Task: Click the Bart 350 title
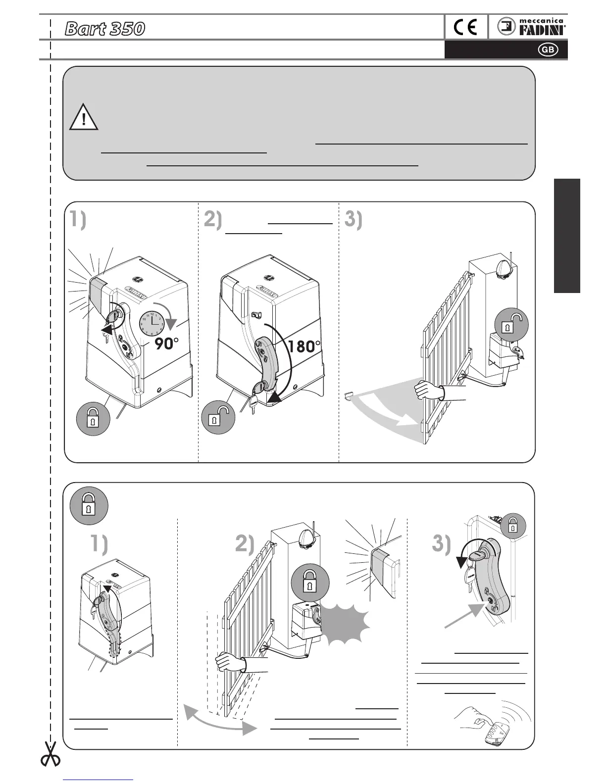[105, 29]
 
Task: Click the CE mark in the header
[465, 28]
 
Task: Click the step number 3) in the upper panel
[353, 220]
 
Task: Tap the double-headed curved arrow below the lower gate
[220, 718]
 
